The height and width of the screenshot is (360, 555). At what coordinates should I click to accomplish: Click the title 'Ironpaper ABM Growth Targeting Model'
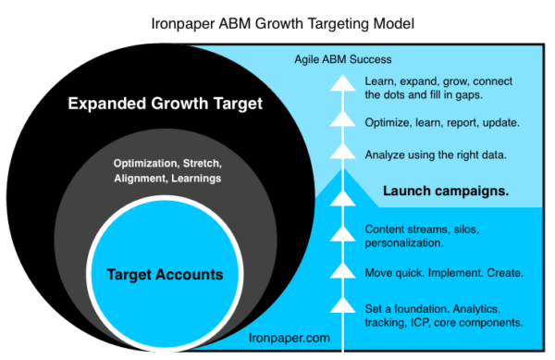(277, 18)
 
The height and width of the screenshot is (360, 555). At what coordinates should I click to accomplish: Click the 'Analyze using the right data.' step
(435, 155)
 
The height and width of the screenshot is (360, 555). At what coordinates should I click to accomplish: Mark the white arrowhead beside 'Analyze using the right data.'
(343, 152)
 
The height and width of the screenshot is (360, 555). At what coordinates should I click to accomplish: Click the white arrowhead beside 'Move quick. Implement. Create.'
(343, 269)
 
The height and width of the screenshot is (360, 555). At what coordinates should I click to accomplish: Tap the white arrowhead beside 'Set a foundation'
(343, 306)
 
